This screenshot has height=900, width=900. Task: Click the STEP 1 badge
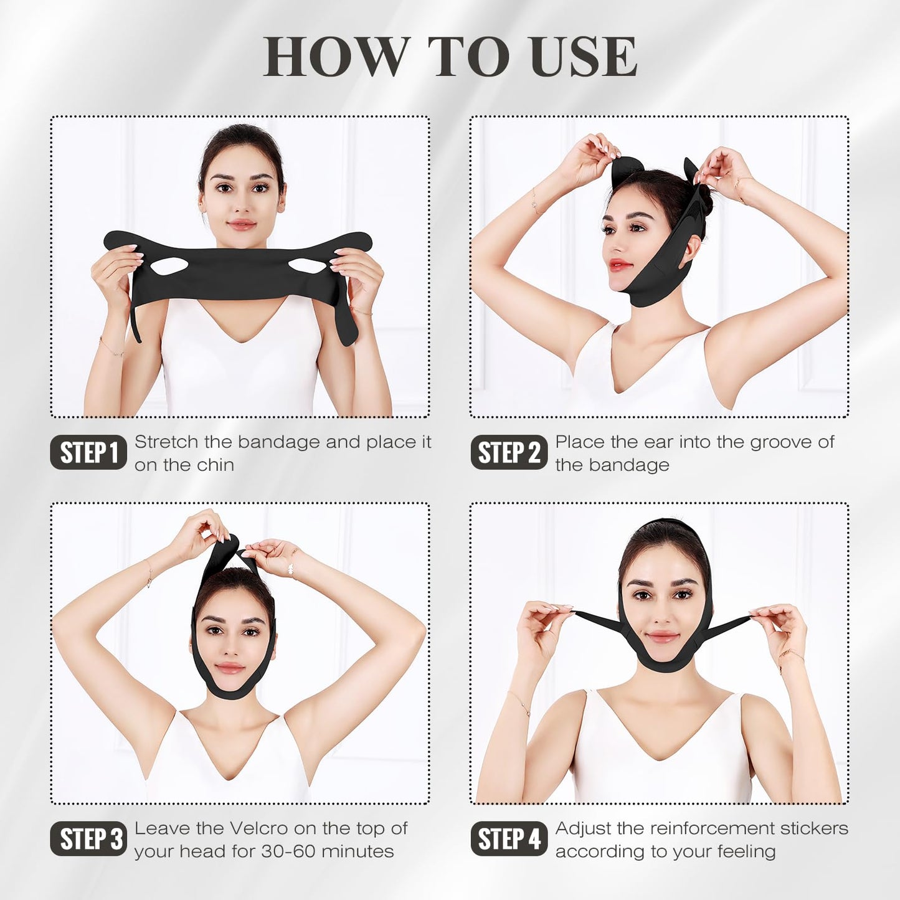88,453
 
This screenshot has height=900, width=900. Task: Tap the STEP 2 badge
508,453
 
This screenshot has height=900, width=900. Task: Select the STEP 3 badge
88,839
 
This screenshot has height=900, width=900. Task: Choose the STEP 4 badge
508,839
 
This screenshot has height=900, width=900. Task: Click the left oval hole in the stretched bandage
169,267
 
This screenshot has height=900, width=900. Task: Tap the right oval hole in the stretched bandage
307,266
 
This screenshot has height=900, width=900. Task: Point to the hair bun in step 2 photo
704,198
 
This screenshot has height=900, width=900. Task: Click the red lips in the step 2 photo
620,265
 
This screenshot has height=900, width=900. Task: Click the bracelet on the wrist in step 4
790,655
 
